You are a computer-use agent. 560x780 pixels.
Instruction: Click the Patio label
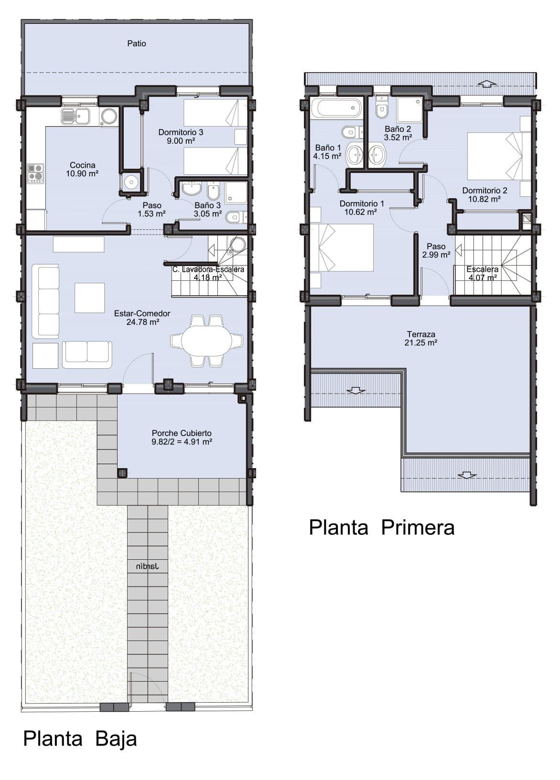[x=137, y=43]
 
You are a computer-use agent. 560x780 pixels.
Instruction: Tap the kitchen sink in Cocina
[x=75, y=116]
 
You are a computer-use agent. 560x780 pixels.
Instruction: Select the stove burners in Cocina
[x=35, y=172]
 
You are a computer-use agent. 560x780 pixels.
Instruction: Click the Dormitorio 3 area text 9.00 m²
[x=181, y=141]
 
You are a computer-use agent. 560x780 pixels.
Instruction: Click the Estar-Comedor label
[x=142, y=313]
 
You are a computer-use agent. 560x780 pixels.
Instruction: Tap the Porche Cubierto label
[x=182, y=433]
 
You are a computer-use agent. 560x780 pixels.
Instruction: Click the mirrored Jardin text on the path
[x=147, y=566]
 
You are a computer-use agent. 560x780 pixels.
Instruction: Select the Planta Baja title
[x=80, y=738]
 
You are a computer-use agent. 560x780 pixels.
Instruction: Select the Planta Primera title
[x=381, y=527]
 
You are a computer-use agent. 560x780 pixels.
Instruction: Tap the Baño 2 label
[x=398, y=129]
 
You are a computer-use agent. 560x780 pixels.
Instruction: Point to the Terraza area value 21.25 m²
[x=421, y=342]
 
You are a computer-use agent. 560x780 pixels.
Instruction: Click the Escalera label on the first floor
[x=482, y=269]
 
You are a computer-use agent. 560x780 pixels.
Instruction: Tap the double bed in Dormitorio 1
[x=342, y=247]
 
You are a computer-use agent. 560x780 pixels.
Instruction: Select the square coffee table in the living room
[x=89, y=298]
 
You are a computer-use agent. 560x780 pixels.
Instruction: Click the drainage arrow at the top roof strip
[x=487, y=84]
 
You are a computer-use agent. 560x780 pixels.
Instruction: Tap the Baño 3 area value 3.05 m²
[x=207, y=214]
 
